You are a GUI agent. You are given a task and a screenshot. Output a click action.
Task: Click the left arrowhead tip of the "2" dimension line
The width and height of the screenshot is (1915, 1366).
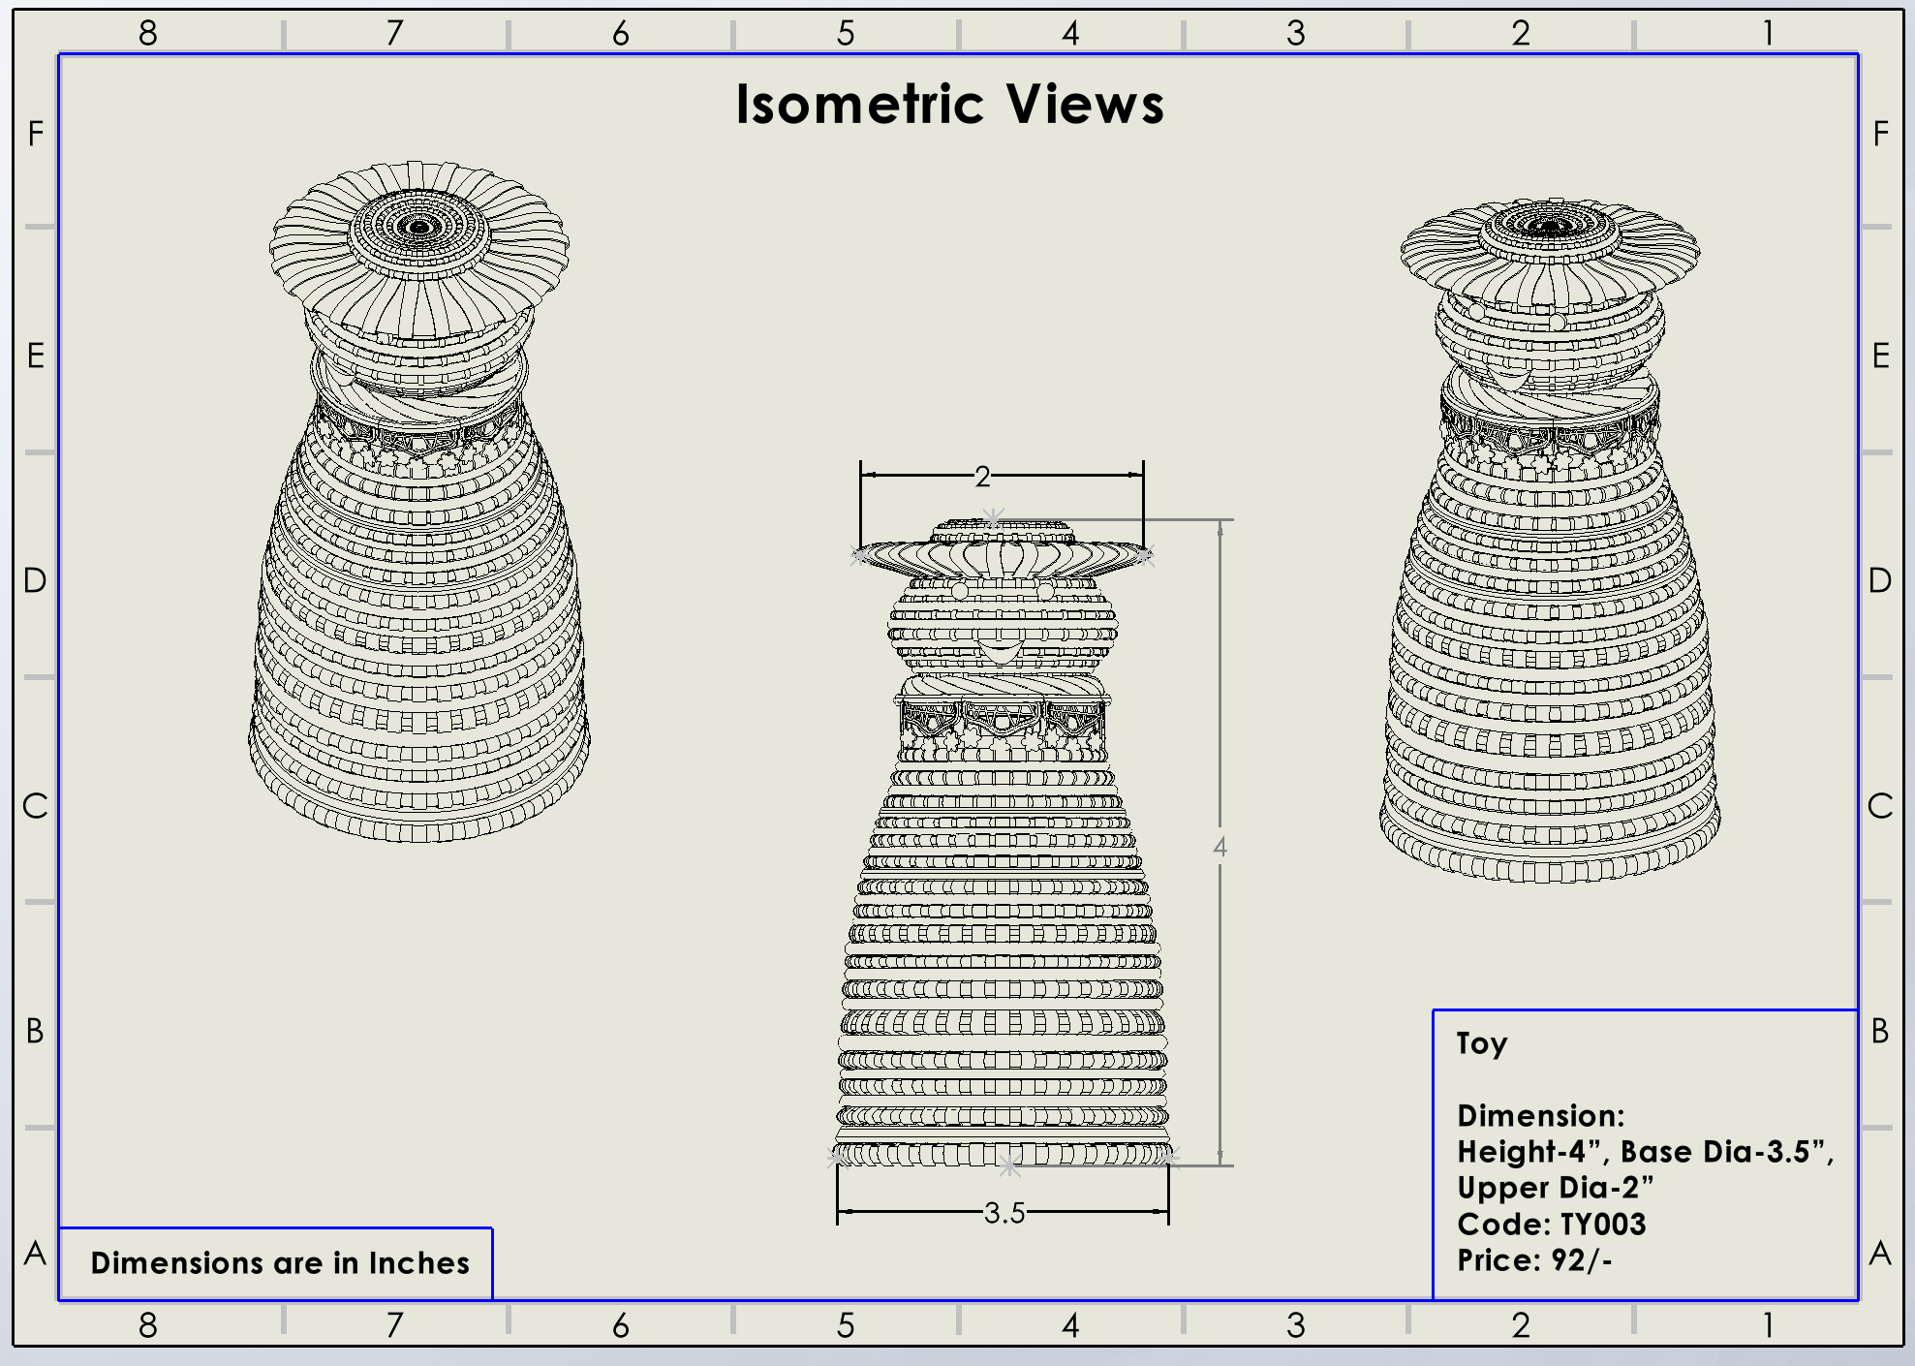pos(861,475)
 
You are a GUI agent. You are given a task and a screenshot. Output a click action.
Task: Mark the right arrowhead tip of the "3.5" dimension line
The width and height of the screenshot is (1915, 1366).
pos(1168,1211)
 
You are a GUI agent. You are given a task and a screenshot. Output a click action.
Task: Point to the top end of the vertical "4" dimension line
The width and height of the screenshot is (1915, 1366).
pos(1220,520)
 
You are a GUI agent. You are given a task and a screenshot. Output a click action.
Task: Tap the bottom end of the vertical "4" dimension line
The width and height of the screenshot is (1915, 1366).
pos(1220,1165)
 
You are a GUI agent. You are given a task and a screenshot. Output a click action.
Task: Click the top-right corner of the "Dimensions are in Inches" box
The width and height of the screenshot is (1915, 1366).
pos(492,1228)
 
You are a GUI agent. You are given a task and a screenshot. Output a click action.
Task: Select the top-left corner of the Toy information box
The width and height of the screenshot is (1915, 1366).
pos(1434,1010)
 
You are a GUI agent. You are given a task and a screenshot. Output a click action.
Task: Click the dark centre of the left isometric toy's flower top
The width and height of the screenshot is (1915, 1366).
pos(419,228)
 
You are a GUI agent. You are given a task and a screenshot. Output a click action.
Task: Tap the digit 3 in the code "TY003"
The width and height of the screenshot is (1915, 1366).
pos(1636,1224)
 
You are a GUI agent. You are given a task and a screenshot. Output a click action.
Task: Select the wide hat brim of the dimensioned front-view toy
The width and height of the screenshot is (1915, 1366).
pos(1002,557)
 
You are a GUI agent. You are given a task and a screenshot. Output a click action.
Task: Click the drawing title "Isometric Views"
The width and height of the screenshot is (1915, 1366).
pos(950,104)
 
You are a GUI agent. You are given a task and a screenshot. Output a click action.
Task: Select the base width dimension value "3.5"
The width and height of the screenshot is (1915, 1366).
pos(1004,1213)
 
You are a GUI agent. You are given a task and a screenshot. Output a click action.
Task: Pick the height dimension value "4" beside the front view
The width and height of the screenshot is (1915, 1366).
pos(1220,847)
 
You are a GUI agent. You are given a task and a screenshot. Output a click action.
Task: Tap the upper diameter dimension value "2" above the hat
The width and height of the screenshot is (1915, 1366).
pos(983,477)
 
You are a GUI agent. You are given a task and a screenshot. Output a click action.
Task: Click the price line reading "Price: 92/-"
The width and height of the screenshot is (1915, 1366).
pos(1534,1260)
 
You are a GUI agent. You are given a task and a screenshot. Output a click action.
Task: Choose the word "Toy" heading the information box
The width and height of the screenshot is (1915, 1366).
pos(1482,1044)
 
